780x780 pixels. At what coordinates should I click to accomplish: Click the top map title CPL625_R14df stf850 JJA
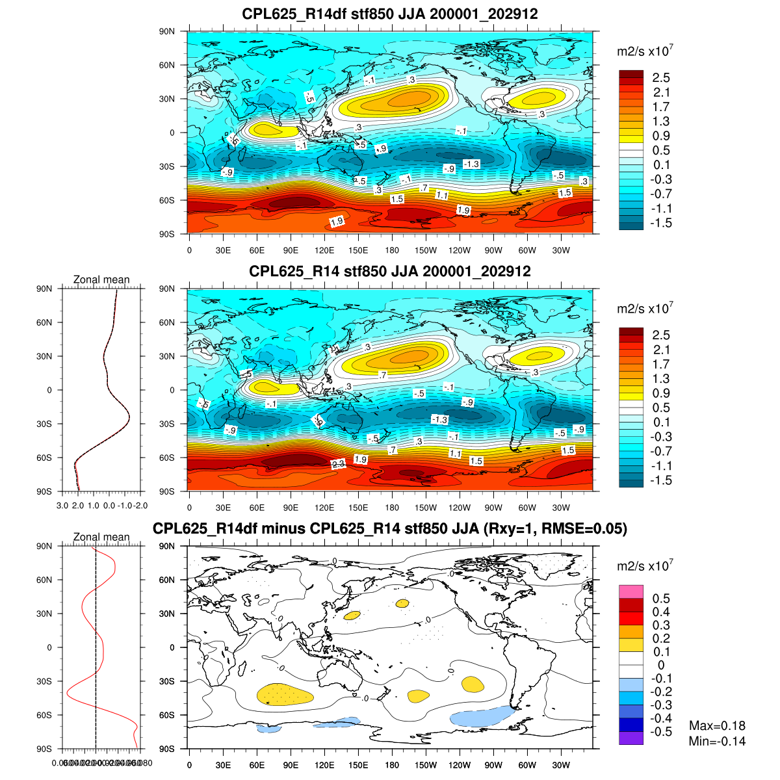(x=389, y=14)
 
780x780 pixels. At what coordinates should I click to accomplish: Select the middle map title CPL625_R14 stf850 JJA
(x=389, y=271)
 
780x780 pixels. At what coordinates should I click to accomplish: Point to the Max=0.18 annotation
(x=717, y=726)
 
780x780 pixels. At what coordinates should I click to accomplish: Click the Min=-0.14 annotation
(x=717, y=742)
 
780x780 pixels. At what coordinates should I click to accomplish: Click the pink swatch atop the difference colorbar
(x=631, y=591)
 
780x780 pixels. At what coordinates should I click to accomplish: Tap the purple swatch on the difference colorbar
(x=631, y=738)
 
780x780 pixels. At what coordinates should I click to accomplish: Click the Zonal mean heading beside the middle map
(x=101, y=280)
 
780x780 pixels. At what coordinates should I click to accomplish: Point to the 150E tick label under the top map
(x=358, y=250)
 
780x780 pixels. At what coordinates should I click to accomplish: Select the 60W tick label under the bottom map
(x=527, y=765)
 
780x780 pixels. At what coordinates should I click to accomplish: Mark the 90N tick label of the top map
(x=168, y=31)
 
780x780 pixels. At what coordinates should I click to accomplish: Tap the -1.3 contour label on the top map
(x=471, y=164)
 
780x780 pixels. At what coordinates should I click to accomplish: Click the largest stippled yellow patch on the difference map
(x=285, y=694)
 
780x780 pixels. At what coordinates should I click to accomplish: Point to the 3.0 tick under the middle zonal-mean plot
(x=62, y=505)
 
